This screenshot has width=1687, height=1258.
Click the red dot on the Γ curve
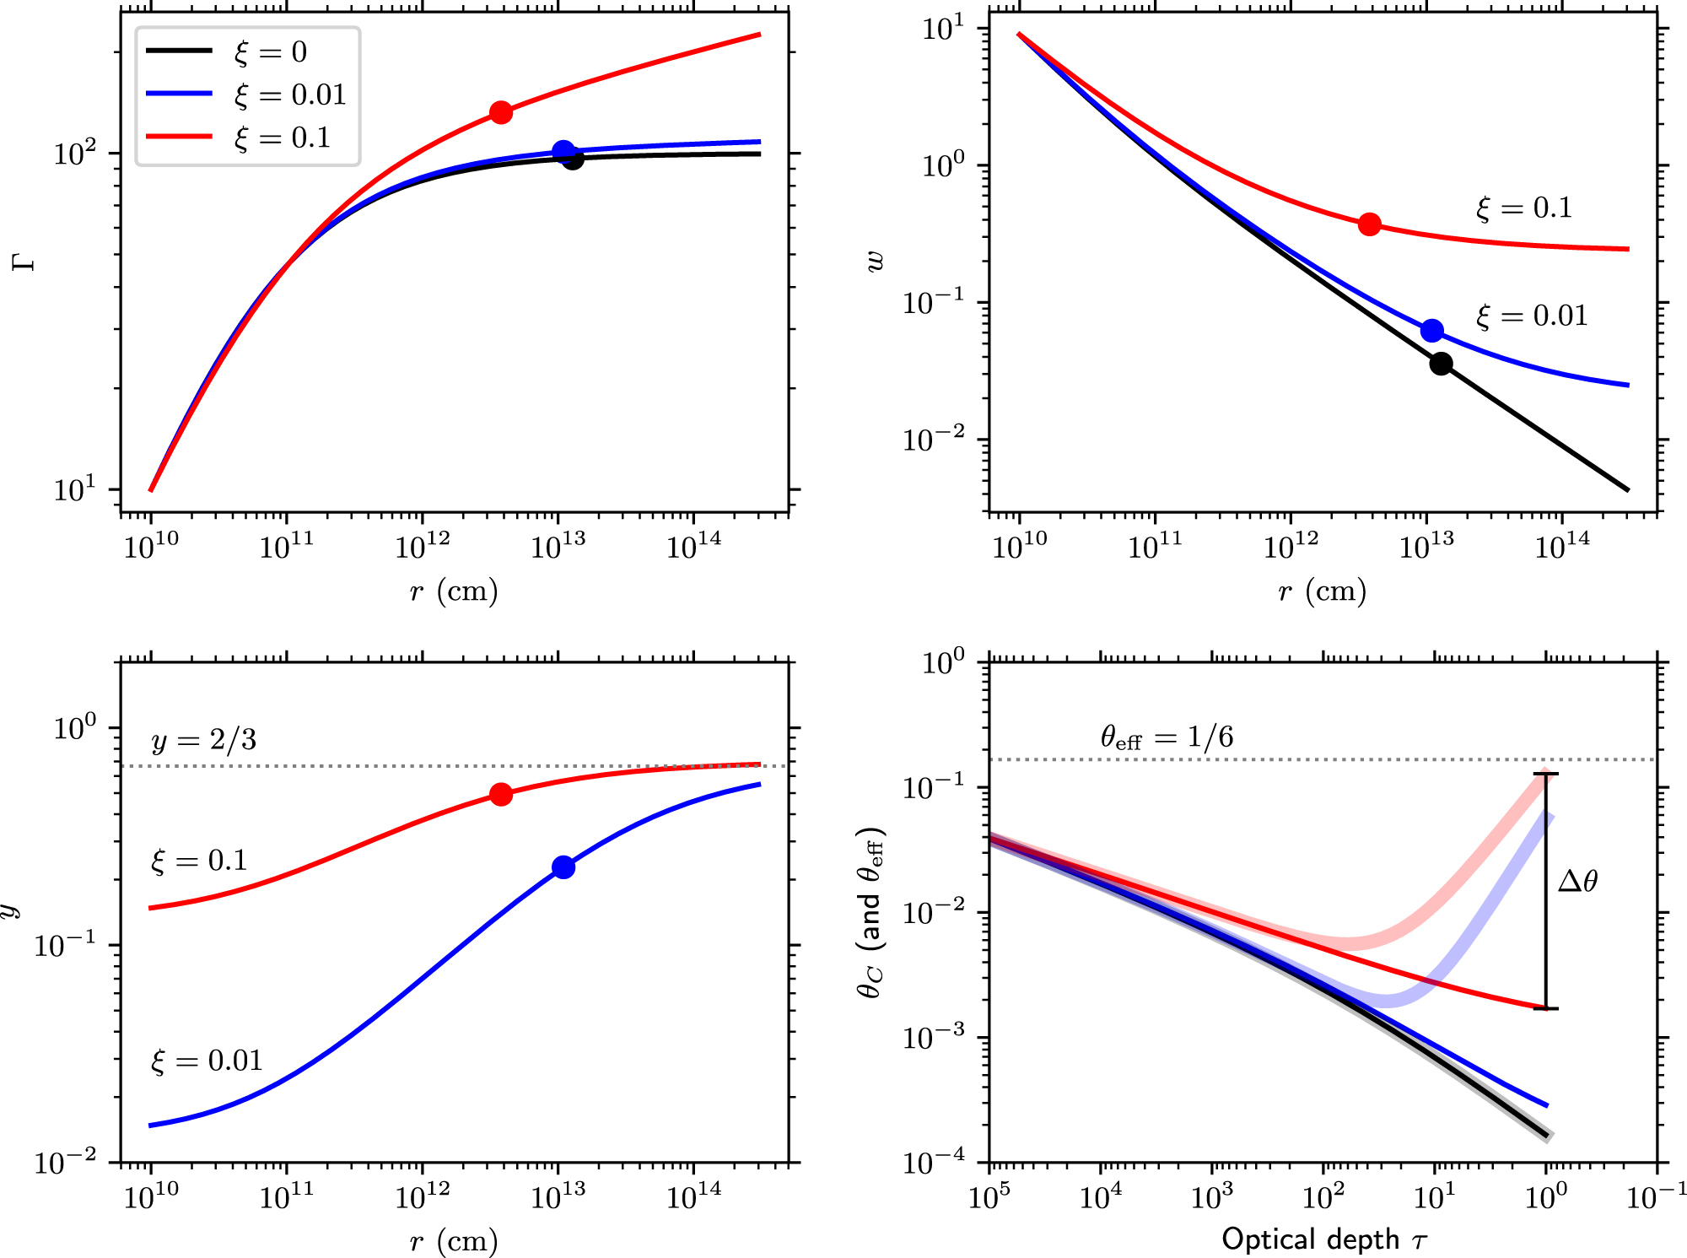pos(501,112)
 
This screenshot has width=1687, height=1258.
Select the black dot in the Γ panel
pos(573,159)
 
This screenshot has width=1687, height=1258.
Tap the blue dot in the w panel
pos(1431,331)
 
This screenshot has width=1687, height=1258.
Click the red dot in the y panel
pos(501,795)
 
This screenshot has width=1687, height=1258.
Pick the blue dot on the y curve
pos(563,867)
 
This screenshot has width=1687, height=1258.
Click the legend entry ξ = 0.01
pos(290,94)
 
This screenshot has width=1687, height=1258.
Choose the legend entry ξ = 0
pos(270,51)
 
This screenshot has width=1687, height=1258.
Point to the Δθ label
pos(1577,882)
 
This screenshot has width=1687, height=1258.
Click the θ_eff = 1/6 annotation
pos(1167,737)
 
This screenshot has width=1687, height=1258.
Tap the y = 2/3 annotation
pos(203,740)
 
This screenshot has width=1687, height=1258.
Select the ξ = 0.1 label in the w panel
pos(1524,208)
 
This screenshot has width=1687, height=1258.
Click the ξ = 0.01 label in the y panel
pos(207,1061)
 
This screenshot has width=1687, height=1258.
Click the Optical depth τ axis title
pos(1323,1239)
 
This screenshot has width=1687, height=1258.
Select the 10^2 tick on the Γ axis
pos(74,154)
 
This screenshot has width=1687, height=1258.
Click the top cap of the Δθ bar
pos(1546,774)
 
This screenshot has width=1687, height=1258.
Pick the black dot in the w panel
pos(1441,364)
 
